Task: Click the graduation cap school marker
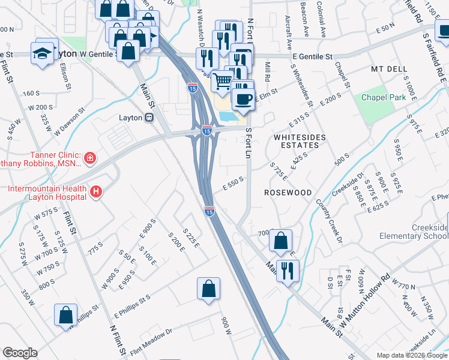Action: [43, 52]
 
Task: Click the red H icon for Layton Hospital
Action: [95, 192]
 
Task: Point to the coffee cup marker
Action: [243, 99]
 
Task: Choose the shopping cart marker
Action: [222, 80]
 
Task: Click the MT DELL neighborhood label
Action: [389, 69]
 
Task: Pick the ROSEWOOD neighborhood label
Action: [288, 193]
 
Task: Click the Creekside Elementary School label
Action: [430, 232]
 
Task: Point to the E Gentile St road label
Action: [312, 56]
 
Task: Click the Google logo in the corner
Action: [20, 353]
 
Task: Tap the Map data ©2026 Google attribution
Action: [411, 355]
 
